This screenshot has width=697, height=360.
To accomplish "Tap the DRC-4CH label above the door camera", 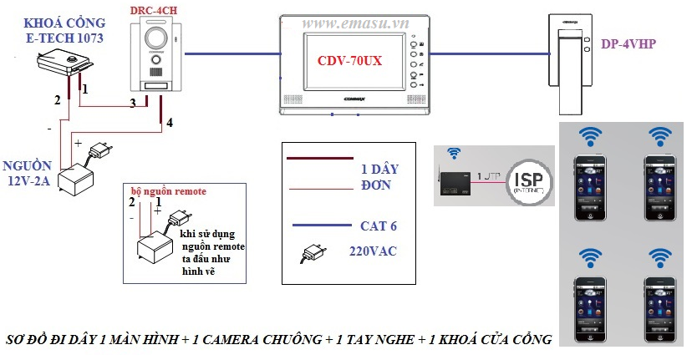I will click(x=153, y=10).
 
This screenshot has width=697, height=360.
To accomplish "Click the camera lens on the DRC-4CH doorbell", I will click(x=158, y=39).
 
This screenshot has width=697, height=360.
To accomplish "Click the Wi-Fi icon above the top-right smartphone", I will click(x=661, y=134).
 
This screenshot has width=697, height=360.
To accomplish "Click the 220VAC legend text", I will click(x=372, y=251).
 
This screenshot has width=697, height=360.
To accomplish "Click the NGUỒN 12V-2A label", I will click(x=28, y=172).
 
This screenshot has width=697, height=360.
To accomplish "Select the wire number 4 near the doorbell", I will click(x=170, y=123).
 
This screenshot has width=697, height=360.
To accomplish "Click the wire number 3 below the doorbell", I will click(x=132, y=104).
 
